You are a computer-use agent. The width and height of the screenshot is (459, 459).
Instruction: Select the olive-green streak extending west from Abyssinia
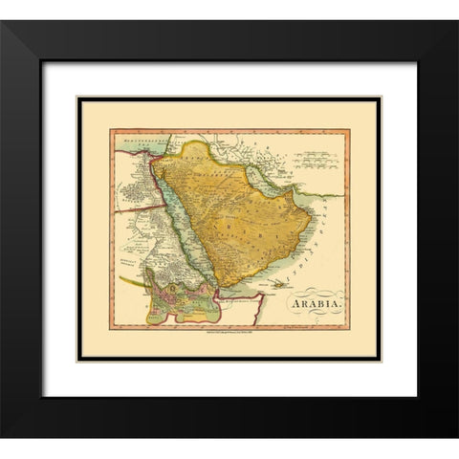pos(134,281)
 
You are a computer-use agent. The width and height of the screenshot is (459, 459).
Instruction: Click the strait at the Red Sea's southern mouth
pos(217,288)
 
